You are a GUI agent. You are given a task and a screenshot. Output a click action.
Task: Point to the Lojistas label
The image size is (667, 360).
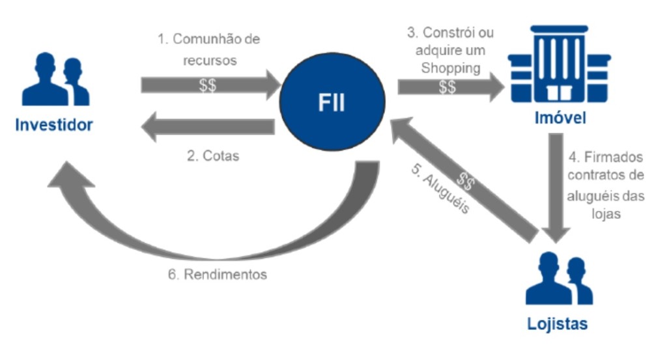(x=559, y=324)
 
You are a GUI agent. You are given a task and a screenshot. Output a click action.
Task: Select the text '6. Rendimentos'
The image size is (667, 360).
(x=216, y=274)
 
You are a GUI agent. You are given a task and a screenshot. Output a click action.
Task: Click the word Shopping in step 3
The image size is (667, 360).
(x=449, y=67)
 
